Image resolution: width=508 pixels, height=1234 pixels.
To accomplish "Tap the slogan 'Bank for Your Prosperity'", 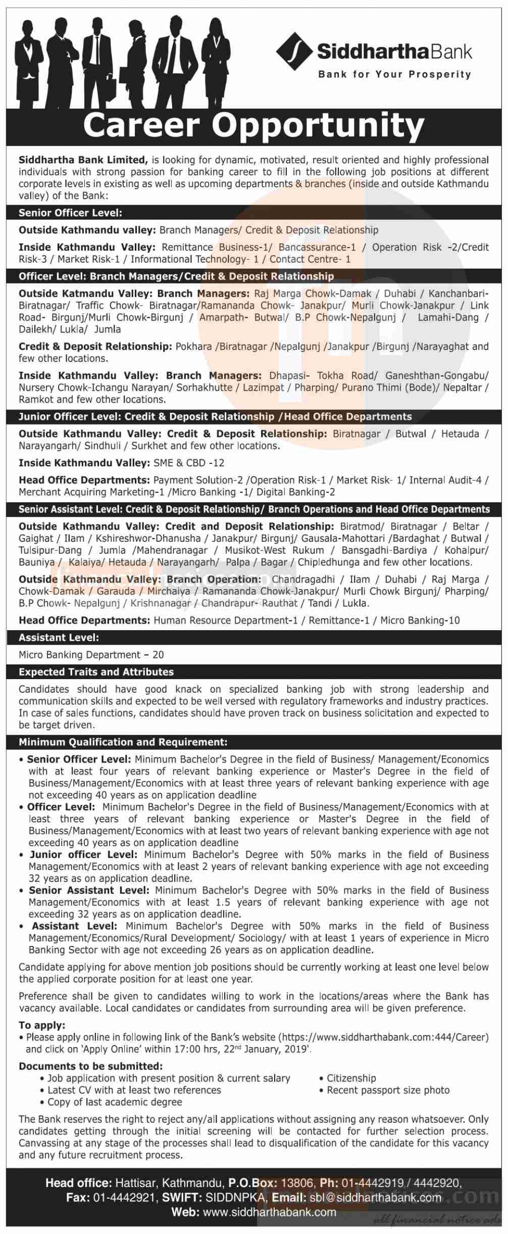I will click(394, 75).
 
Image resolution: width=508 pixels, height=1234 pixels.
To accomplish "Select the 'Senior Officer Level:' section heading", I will click(70, 213).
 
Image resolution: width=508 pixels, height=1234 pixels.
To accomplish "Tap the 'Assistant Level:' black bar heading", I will click(59, 638).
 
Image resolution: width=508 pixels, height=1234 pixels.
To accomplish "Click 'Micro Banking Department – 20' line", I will click(91, 655).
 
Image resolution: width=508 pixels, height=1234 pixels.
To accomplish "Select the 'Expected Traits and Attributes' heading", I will click(96, 672).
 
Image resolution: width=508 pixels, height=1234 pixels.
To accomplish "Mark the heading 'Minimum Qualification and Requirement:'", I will click(123, 742).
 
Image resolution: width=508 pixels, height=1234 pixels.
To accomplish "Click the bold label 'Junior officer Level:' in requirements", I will click(83, 855).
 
